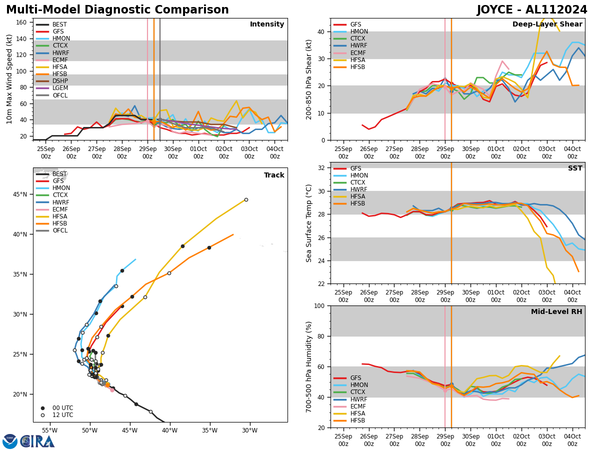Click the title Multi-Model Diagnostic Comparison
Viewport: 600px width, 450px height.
click(x=117, y=10)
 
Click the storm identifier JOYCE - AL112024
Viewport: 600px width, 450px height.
click(x=532, y=10)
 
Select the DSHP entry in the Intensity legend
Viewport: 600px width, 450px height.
click(x=60, y=81)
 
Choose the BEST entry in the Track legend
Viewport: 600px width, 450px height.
click(x=59, y=174)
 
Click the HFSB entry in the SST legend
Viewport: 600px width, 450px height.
click(x=357, y=203)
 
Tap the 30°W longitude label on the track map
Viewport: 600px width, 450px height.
click(x=249, y=430)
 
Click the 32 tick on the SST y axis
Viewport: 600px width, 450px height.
click(x=322, y=168)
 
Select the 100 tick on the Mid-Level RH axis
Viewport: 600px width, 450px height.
click(x=320, y=305)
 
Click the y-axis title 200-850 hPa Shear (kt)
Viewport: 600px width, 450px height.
click(x=309, y=79)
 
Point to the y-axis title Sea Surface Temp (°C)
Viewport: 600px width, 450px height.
click(x=309, y=223)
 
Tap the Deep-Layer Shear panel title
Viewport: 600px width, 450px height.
click(x=547, y=24)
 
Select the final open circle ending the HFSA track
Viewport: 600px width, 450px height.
click(x=246, y=199)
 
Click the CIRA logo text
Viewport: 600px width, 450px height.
click(x=38, y=441)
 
